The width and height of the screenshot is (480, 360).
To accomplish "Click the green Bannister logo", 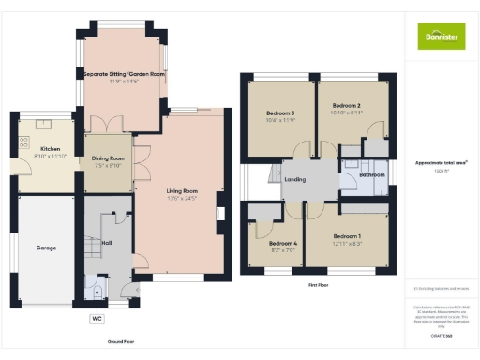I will point(441,36).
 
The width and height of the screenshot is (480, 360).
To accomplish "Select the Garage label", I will point(47,247).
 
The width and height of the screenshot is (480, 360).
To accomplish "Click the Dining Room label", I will point(108,159).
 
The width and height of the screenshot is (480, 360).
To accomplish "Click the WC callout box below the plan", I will point(97,319).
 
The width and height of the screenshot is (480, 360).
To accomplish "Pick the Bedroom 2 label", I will point(345,107).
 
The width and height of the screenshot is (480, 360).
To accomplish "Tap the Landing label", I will point(295,178).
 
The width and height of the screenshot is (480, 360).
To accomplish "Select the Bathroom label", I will point(371,174).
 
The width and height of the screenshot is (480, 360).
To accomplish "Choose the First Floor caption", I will point(318,284).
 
